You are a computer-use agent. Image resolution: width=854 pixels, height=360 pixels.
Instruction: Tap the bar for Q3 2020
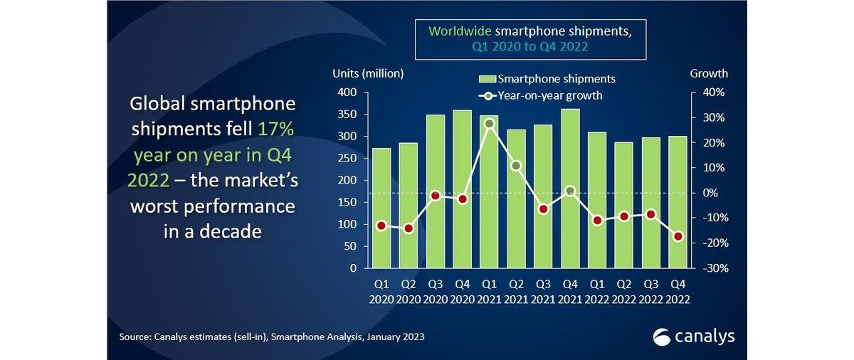436,191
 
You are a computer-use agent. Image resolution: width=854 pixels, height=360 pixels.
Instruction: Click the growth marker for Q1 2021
489,124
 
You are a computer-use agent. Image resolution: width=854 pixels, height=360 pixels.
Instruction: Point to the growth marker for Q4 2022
678,236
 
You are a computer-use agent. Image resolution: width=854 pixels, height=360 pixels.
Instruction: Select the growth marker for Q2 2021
517,166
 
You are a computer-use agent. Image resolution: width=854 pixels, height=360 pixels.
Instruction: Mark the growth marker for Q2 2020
408,228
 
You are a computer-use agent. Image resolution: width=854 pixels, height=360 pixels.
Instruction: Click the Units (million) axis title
368,73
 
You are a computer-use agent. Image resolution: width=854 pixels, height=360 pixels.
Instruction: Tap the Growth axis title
709,73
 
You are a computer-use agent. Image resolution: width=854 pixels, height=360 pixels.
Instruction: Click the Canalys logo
693,336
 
